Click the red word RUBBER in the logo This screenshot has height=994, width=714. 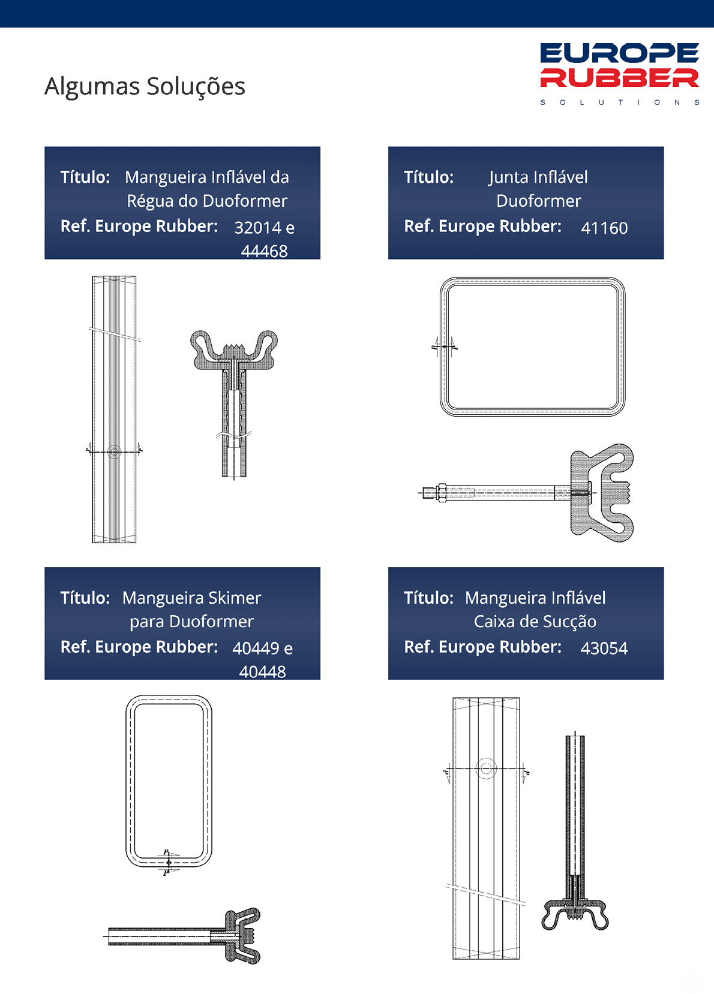(619, 78)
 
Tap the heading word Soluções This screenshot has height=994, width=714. (196, 87)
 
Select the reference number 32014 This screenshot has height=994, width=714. (258, 228)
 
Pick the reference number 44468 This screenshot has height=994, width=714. (264, 251)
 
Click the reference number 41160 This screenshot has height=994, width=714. (604, 228)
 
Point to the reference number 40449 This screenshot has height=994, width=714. (256, 648)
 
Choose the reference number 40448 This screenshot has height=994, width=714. (262, 672)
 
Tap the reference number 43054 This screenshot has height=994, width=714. (604, 648)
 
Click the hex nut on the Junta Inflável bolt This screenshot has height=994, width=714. (442, 493)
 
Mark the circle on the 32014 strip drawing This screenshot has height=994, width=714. (114, 452)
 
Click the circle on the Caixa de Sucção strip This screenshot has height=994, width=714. (486, 768)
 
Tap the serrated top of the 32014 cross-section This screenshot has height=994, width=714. (234, 348)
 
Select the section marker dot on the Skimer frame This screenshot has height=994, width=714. (169, 863)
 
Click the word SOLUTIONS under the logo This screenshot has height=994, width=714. (620, 103)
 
